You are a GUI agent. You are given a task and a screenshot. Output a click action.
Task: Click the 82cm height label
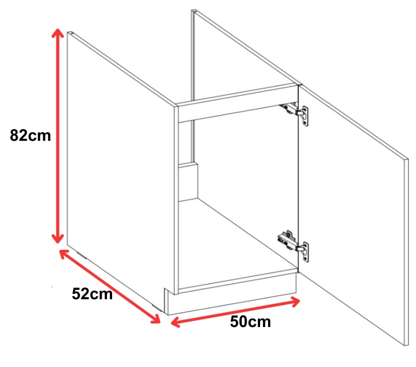[x=31, y=135]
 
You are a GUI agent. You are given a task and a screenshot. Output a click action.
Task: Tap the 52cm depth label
[x=92, y=294]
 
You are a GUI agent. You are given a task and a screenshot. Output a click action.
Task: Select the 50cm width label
[x=251, y=321]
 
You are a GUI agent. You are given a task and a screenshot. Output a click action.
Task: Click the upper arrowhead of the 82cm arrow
[x=58, y=33]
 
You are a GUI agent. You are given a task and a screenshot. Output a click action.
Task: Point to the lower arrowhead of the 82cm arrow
[x=58, y=238]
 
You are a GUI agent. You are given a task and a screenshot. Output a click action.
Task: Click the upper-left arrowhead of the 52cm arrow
[x=64, y=254]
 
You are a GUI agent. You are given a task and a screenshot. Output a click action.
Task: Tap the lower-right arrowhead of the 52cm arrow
[x=155, y=319]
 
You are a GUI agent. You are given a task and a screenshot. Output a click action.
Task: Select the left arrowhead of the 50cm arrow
[x=176, y=322]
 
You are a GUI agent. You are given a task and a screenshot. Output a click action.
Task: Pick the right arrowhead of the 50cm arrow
[x=295, y=302]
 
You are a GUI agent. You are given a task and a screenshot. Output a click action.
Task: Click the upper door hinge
[x=295, y=112]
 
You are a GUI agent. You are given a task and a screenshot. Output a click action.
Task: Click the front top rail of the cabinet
[x=238, y=104]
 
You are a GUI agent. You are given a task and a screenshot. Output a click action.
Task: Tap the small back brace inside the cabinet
[x=188, y=182]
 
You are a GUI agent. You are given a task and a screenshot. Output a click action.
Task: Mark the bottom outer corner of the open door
[x=405, y=346]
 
